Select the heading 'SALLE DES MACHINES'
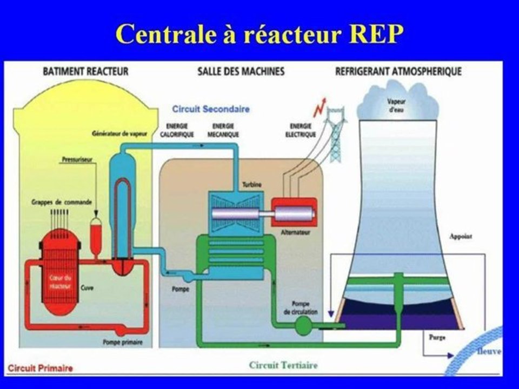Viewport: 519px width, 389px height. [241, 71]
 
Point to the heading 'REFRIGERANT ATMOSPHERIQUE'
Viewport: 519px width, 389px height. [398, 71]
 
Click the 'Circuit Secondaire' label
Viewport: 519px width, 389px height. [211, 109]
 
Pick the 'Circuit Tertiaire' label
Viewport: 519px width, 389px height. [283, 365]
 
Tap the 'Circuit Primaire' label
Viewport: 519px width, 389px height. [41, 368]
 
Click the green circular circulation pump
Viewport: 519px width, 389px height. [303, 324]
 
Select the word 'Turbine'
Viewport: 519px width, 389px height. [252, 185]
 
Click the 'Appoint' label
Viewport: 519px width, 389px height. [461, 236]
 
